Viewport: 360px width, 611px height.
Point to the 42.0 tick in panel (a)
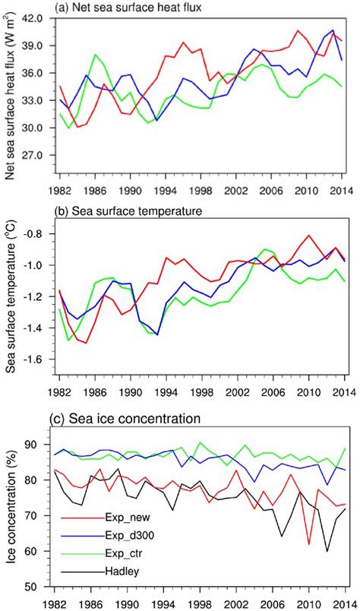(39, 18)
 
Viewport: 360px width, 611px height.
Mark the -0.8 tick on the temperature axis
(42, 234)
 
